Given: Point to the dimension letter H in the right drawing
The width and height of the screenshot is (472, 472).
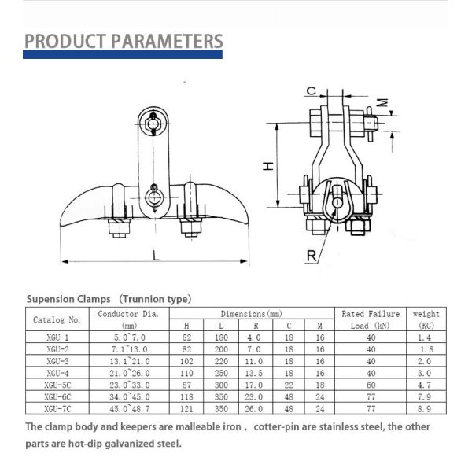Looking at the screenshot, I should point(267,166).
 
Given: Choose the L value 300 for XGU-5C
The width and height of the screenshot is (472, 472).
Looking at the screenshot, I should point(220,385).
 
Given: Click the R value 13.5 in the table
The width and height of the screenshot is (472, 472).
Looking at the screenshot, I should point(254,373).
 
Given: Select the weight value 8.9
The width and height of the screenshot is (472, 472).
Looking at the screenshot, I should point(426,409).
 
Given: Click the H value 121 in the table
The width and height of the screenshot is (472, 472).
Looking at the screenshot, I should point(186,409).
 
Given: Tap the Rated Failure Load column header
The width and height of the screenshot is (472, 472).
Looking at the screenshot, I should point(370,319).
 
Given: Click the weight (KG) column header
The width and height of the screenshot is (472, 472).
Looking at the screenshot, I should point(426,319).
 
